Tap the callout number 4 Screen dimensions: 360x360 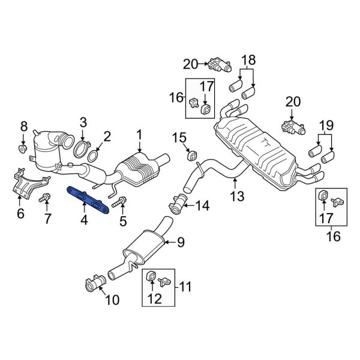pyautogui.click(x=84, y=221)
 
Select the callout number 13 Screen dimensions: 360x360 pyautogui.click(x=238, y=196)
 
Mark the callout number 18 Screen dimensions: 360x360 pyautogui.click(x=248, y=59)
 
